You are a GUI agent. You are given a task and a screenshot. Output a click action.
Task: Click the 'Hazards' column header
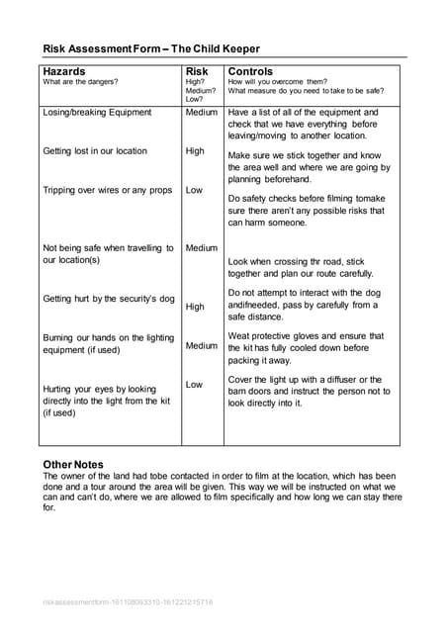pos(64,72)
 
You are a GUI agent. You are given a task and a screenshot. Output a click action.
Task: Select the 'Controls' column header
pos(250,72)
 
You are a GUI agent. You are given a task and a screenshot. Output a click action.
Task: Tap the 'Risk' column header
pos(197,72)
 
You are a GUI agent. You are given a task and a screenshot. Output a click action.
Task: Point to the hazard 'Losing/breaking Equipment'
pos(97,113)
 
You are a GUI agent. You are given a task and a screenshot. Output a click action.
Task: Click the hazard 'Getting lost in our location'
pos(95,151)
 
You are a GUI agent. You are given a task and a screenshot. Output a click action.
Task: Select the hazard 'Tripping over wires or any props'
pos(108,190)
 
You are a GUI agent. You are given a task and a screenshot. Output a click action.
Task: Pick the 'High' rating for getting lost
pos(195,151)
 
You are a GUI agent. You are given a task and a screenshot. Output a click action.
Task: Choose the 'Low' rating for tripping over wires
pos(194,190)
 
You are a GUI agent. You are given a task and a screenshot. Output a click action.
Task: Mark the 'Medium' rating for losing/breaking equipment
pos(202,113)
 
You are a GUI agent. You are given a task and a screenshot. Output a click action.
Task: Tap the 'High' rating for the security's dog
pos(195,307)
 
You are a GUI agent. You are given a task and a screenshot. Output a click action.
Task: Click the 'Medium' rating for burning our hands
pos(202,345)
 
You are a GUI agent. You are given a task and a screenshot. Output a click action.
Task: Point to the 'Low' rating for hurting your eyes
pos(194,384)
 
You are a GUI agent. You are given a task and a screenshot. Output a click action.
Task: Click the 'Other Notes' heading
pos(73,464)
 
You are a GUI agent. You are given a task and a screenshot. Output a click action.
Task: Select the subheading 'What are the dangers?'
pos(80,82)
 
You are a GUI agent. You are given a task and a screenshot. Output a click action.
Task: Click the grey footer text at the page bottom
pos(128,601)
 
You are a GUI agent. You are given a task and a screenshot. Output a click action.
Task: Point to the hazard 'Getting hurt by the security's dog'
pos(109,299)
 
